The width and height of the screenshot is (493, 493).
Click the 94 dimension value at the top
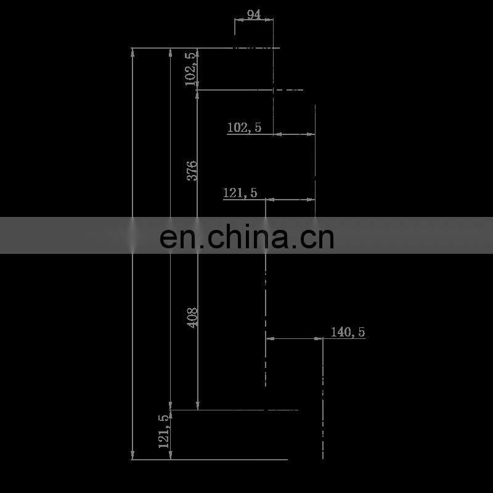point(253,14)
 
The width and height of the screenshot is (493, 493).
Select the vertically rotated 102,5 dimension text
point(191,68)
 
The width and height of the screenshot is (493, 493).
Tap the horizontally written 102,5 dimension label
point(244,128)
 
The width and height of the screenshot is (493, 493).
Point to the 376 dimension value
point(192,170)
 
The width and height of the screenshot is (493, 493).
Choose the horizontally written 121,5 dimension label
point(240,193)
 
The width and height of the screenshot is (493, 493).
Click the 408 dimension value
point(192,317)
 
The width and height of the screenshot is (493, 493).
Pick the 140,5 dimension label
point(348,332)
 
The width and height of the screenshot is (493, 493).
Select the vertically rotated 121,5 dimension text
point(164,431)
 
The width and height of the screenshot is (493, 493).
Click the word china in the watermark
point(249,237)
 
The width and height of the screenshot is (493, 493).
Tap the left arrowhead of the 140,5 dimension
point(269,338)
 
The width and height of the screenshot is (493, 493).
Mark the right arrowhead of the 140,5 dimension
point(319,338)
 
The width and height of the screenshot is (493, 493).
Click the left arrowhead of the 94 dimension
point(237,20)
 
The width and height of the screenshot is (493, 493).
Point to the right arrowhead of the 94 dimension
point(270,20)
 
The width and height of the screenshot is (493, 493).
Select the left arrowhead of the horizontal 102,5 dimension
point(277,134)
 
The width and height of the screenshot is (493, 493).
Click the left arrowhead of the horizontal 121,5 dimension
point(269,199)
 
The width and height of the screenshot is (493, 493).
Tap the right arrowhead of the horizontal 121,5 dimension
point(311,199)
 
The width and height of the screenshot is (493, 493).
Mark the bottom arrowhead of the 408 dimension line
point(197,405)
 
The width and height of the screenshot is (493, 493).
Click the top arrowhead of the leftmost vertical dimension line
point(133,52)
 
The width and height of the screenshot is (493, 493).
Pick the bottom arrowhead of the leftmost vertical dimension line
point(133,455)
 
